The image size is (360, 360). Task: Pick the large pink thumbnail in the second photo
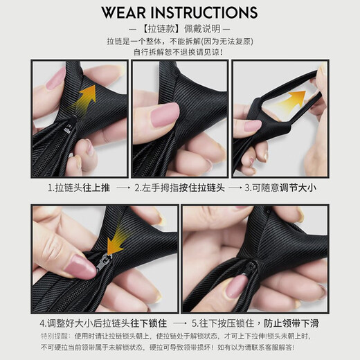[164, 113]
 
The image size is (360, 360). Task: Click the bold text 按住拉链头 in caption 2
[199, 188]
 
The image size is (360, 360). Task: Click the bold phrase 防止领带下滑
[291, 323]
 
